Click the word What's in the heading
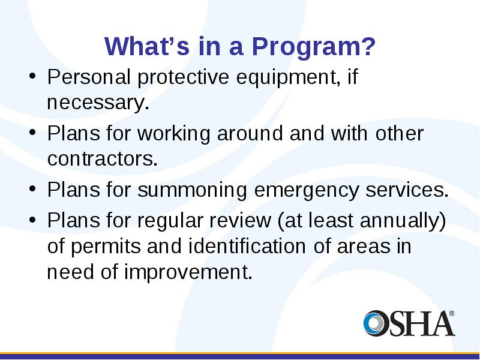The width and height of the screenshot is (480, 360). tap(147, 46)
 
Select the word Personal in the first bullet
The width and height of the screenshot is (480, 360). tap(89, 77)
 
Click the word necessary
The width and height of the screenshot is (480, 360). tap(98, 103)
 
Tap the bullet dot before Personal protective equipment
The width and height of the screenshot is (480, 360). tap(32, 76)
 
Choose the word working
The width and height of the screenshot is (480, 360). tap(174, 134)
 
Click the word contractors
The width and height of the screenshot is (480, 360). tap(102, 158)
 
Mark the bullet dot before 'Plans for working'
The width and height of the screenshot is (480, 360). tap(32, 133)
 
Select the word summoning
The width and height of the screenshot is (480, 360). tap(192, 191)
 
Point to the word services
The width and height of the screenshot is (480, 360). tap(407, 190)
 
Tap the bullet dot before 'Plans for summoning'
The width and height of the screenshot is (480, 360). tap(32, 189)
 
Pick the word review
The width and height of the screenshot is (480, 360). tap(240, 220)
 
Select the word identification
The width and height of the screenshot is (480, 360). tap(247, 246)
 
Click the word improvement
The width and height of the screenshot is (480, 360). tap(188, 272)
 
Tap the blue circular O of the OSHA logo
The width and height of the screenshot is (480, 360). tap(374, 323)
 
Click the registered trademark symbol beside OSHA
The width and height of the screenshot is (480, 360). tap(452, 314)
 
